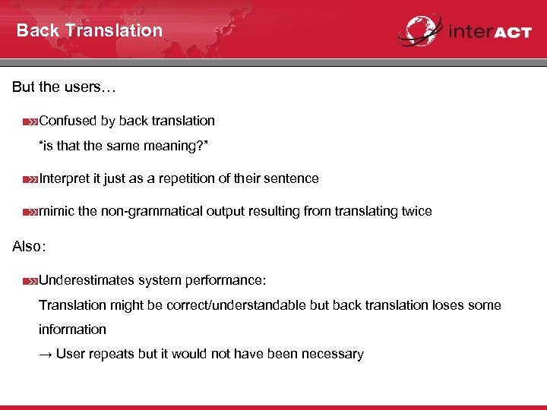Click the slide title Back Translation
pyautogui.click(x=90, y=30)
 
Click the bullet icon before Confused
pyautogui.click(x=30, y=121)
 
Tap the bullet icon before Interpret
pyautogui.click(x=30, y=179)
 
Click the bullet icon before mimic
pyautogui.click(x=30, y=212)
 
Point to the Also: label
pyautogui.click(x=30, y=247)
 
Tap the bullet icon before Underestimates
pyautogui.click(x=30, y=281)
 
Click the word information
pyautogui.click(x=73, y=330)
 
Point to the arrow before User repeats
pyautogui.click(x=46, y=354)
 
